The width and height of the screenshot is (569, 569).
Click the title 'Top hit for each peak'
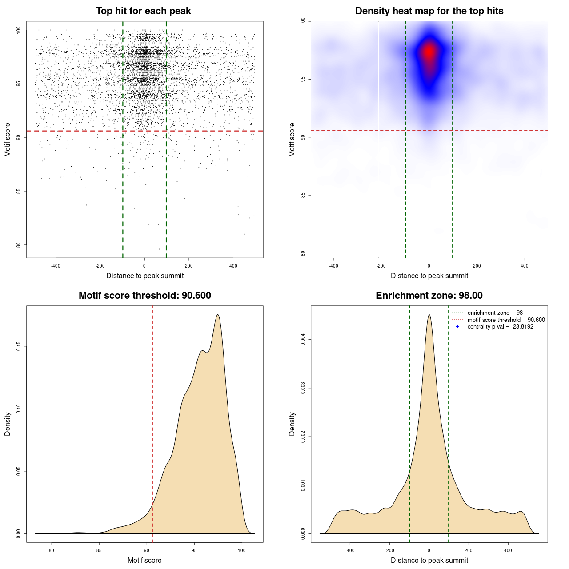click(143, 11)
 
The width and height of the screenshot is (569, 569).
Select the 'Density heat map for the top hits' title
click(429, 11)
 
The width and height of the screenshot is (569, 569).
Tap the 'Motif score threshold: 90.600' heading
click(144, 296)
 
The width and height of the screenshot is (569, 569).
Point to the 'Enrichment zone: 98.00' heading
click(429, 296)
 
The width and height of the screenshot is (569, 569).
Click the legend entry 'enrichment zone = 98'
click(495, 313)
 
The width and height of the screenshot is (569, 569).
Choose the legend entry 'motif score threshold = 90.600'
click(506, 320)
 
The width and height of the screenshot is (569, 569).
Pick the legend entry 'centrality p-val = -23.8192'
click(500, 327)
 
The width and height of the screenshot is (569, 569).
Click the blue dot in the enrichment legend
click(457, 327)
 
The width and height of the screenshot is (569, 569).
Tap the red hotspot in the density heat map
click(429, 52)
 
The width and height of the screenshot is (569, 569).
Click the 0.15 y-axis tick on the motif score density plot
click(19, 346)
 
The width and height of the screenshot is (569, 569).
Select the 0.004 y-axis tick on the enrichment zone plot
click(303, 340)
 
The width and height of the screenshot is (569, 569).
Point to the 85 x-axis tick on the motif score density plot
click(99, 550)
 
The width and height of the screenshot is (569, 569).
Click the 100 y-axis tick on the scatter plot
click(19, 30)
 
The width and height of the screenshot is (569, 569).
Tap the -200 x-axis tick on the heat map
click(381, 266)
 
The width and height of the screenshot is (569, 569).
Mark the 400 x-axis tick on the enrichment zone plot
click(508, 550)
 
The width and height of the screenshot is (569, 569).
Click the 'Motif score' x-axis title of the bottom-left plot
click(144, 560)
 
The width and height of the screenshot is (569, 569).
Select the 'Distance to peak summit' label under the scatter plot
click(145, 276)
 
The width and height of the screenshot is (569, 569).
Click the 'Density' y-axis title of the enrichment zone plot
click(292, 424)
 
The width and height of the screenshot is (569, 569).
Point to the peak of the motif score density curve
click(218, 315)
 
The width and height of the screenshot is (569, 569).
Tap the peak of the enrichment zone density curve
click(429, 315)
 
